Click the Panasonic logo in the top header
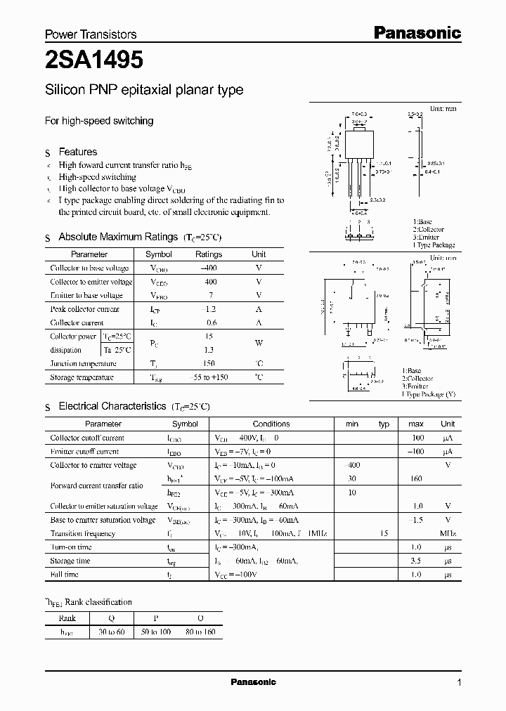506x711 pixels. click(x=416, y=32)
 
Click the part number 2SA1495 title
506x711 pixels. click(x=95, y=61)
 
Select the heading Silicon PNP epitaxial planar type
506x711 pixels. click(x=144, y=90)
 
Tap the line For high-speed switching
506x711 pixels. click(x=99, y=121)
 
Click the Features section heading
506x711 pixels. click(x=77, y=152)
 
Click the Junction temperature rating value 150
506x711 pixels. click(x=208, y=364)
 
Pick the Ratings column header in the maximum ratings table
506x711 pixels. click(x=208, y=254)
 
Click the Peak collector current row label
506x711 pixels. click(x=85, y=309)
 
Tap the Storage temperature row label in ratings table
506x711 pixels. click(x=82, y=377)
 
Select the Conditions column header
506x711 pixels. click(x=271, y=424)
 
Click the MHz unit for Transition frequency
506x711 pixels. click(x=447, y=533)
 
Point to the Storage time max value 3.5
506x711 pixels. click(x=416, y=561)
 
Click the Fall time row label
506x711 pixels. click(x=65, y=574)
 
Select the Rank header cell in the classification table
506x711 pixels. click(x=67, y=618)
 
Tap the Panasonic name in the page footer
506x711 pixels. click(x=254, y=682)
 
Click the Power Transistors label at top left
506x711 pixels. click(x=91, y=34)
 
